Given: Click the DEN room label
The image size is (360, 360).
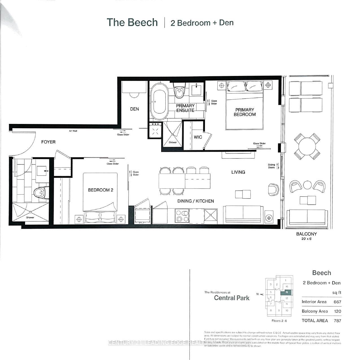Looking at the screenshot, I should click(x=134, y=109).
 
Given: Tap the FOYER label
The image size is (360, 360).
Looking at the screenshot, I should click(x=48, y=142).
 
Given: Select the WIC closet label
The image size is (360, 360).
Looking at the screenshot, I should click(x=198, y=137).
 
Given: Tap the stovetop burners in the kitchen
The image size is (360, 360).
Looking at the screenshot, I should click(x=182, y=216).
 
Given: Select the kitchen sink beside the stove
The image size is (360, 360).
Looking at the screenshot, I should click(x=210, y=216).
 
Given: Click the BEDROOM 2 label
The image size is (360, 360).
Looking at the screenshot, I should click(x=101, y=190).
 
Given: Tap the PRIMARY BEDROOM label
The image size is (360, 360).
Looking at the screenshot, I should click(x=245, y=112).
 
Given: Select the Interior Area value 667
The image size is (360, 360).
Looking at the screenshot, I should click(x=337, y=302).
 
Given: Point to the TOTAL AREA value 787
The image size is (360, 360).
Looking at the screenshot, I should click(x=337, y=320).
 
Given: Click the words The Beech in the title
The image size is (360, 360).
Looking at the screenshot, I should click(x=132, y=23).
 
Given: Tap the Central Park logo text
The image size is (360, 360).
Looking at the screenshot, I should click(x=232, y=298).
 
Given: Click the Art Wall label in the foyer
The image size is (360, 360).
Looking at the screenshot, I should click(x=73, y=131).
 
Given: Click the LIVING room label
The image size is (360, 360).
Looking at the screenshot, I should click(x=238, y=172).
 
